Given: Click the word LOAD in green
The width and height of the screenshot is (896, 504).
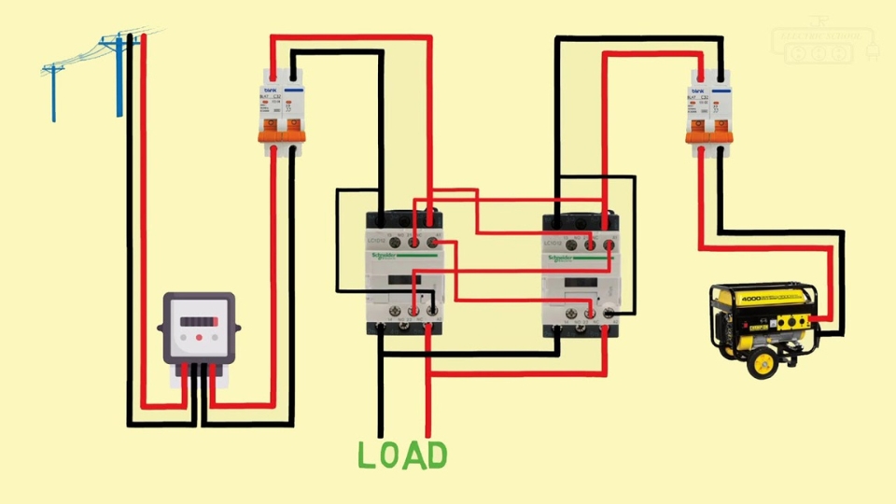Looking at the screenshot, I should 403,455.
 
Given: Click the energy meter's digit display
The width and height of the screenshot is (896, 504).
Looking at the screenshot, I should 197,322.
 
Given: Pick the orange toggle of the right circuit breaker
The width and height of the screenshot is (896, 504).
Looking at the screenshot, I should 709,137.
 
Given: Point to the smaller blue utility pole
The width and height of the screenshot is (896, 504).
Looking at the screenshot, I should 52,91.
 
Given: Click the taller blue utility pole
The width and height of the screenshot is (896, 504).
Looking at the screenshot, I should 119,75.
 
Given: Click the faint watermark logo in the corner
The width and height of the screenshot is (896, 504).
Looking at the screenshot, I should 821,45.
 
